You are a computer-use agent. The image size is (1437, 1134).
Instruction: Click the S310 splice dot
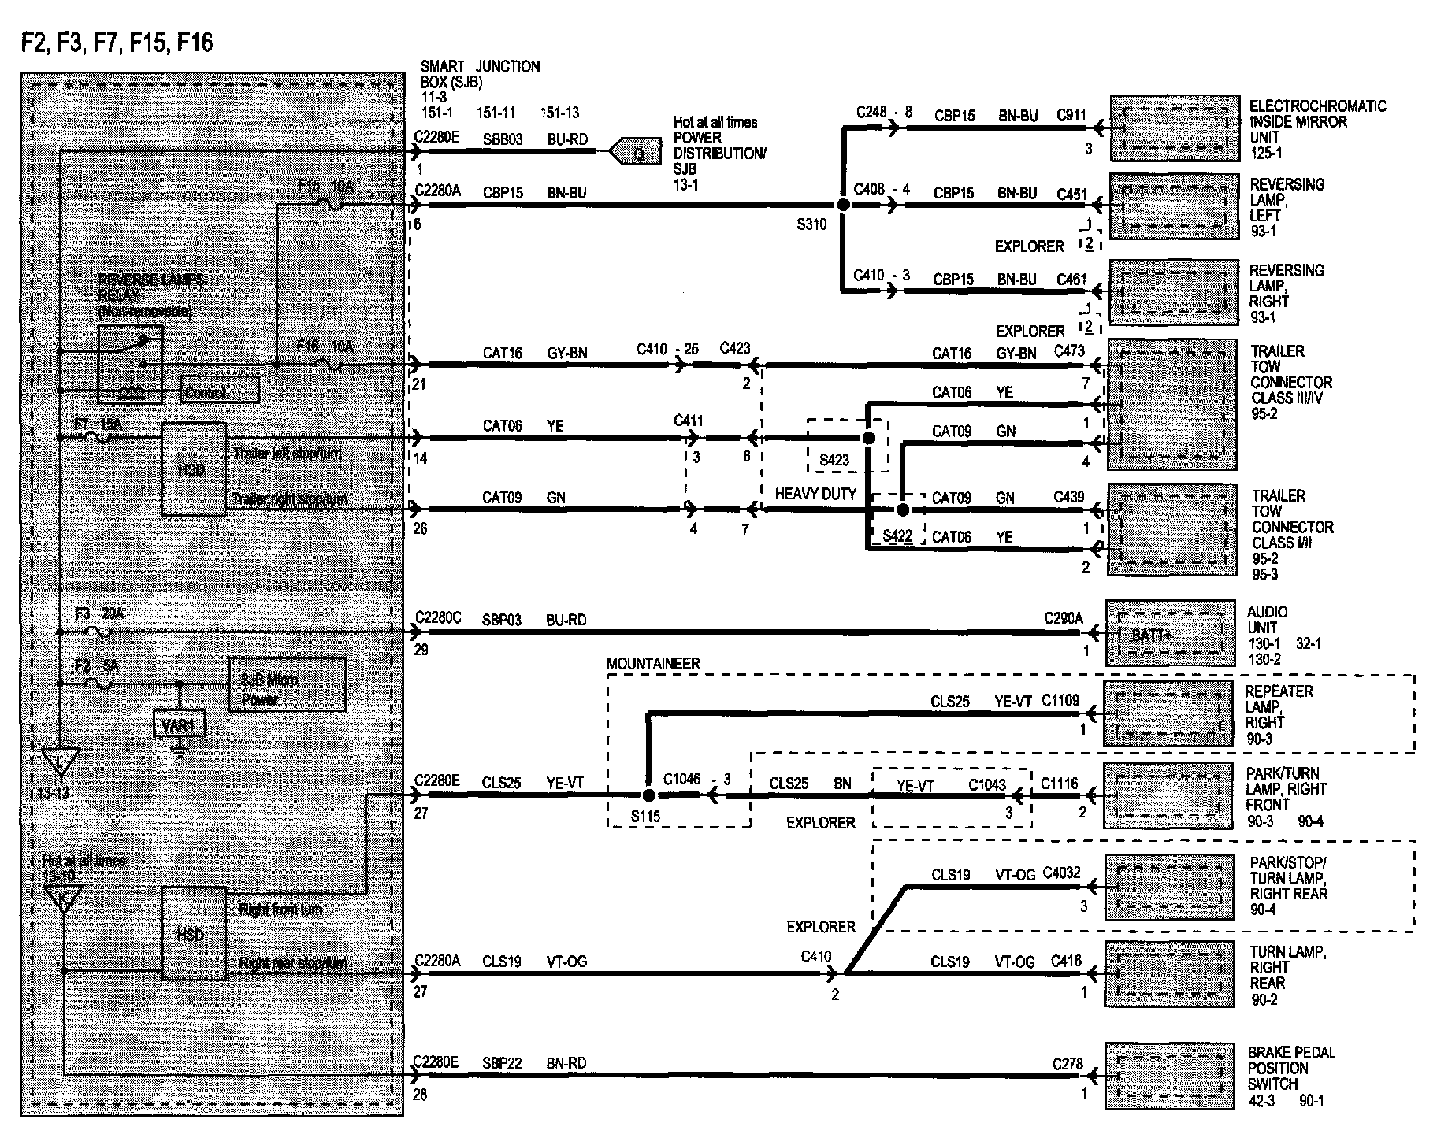click(x=843, y=205)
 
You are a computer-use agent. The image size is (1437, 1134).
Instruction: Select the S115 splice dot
click(x=648, y=795)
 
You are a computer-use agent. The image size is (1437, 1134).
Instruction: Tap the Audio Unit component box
click(x=1170, y=633)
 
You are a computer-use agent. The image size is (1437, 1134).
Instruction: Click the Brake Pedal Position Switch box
click(x=1169, y=1076)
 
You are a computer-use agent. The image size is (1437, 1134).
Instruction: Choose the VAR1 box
click(x=180, y=724)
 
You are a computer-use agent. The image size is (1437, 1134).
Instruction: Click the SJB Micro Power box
click(x=287, y=685)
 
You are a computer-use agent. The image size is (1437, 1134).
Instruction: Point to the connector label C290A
click(x=1063, y=619)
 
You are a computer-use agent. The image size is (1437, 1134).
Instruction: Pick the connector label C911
click(x=1071, y=116)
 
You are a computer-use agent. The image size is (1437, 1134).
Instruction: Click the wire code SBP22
click(x=502, y=1063)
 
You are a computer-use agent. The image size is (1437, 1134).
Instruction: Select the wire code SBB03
click(x=503, y=139)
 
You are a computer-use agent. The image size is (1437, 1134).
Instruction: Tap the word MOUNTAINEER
click(x=653, y=664)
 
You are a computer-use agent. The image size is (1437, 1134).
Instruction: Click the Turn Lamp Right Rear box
click(x=1169, y=973)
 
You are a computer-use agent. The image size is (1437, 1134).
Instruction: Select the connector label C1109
click(x=1060, y=700)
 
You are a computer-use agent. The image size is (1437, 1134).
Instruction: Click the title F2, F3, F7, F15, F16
click(x=117, y=42)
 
